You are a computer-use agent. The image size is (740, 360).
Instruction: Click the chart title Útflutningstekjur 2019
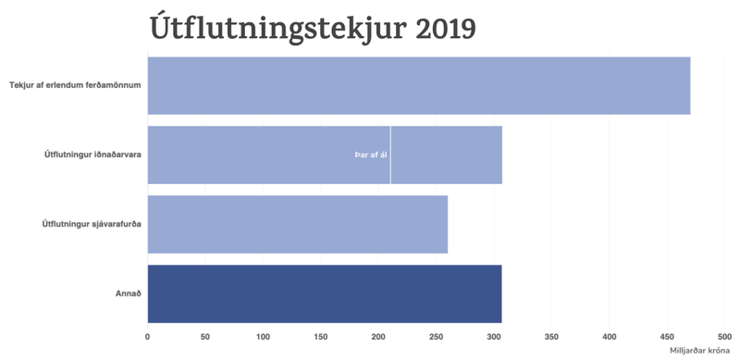[x=313, y=28]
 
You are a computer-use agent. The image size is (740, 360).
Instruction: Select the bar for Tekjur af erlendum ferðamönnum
[x=419, y=85]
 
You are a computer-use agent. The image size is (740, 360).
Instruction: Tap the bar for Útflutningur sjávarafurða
[x=298, y=224]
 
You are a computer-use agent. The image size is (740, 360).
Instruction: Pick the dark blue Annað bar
[x=325, y=293]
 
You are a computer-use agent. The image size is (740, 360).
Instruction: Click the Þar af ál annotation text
[x=370, y=155]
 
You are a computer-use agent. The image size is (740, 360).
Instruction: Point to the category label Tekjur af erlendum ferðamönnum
[x=75, y=85]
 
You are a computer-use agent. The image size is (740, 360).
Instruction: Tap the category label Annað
[x=128, y=293]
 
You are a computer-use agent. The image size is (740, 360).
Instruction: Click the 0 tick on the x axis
[x=148, y=337]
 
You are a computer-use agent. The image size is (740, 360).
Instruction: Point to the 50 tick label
[x=205, y=337]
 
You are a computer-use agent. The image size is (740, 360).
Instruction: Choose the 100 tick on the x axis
[x=264, y=337]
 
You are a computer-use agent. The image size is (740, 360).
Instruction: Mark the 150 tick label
[x=321, y=337]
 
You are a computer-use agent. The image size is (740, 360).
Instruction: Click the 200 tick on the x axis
[x=379, y=337]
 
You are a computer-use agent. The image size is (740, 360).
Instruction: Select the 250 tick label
[x=437, y=337]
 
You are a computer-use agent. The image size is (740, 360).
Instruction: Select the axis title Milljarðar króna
[x=700, y=351]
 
